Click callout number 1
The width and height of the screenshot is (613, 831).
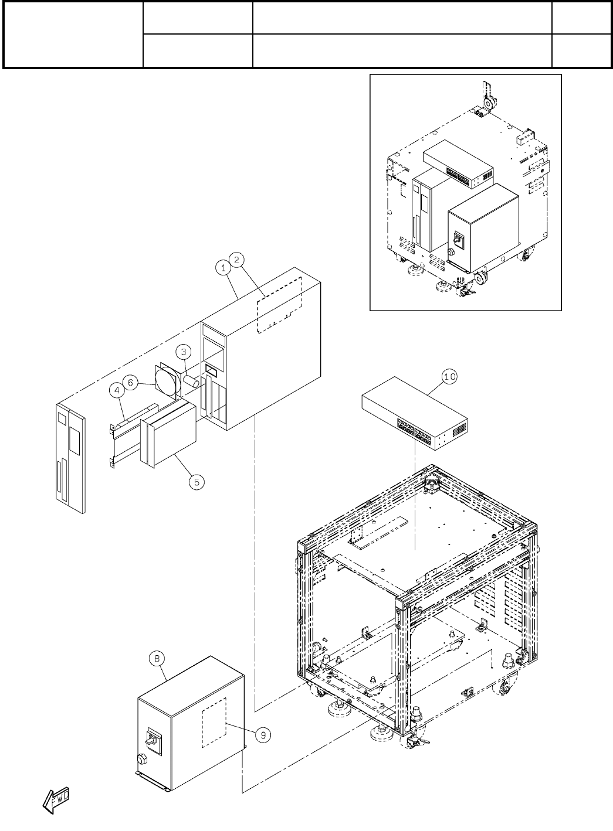(x=222, y=268)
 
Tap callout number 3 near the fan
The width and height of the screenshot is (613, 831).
(x=184, y=352)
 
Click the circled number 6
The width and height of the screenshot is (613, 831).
(x=131, y=382)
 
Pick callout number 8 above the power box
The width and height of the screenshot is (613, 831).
(x=157, y=659)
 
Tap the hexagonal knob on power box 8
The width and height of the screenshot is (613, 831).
(x=143, y=760)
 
